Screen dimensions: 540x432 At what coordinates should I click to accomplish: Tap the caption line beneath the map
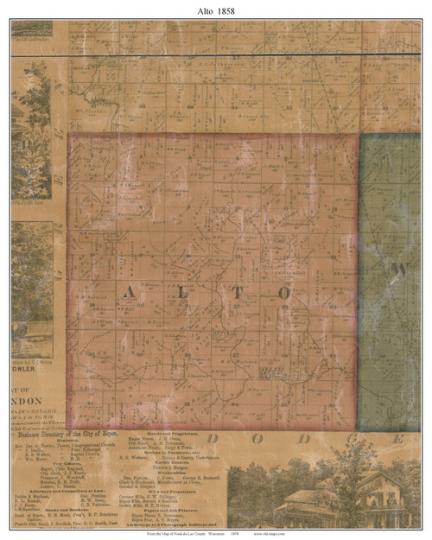(x=216, y=534)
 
